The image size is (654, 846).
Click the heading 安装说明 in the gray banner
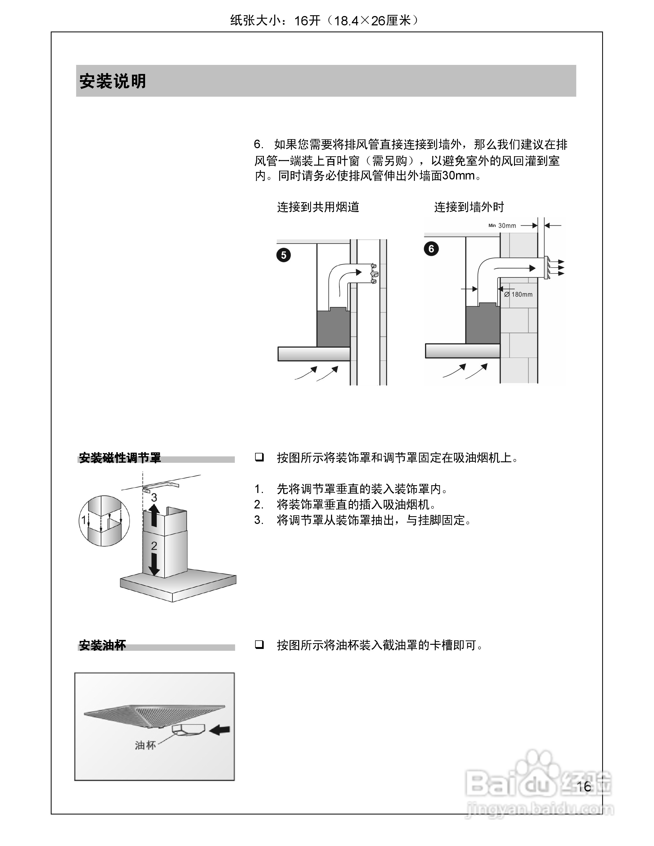pyautogui.click(x=112, y=81)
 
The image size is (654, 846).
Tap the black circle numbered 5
pyautogui.click(x=284, y=255)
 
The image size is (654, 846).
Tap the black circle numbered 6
pyautogui.click(x=431, y=249)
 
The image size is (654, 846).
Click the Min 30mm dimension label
pyautogui.click(x=503, y=225)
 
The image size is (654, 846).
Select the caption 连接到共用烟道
pyautogui.click(x=318, y=207)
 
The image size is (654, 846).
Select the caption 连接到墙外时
pyautogui.click(x=469, y=207)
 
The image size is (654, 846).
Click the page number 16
pyautogui.click(x=583, y=787)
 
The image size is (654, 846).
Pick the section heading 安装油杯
pyautogui.click(x=102, y=645)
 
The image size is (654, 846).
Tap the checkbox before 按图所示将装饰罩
pyautogui.click(x=259, y=457)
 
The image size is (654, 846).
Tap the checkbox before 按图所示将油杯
pyautogui.click(x=259, y=645)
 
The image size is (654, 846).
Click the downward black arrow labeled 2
pyautogui.click(x=154, y=564)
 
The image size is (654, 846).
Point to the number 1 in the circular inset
pyautogui.click(x=83, y=520)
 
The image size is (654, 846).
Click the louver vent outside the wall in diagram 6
pyautogui.click(x=546, y=268)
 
